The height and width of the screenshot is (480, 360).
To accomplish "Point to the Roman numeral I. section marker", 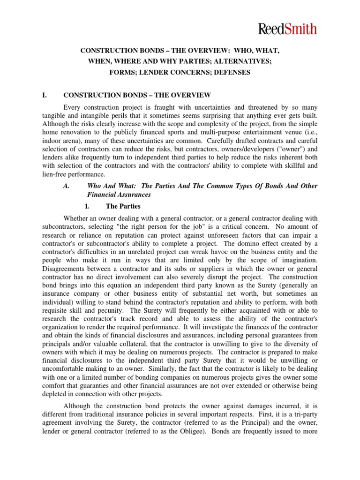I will [45, 95].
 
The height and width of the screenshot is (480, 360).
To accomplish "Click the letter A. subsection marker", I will [67, 186].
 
